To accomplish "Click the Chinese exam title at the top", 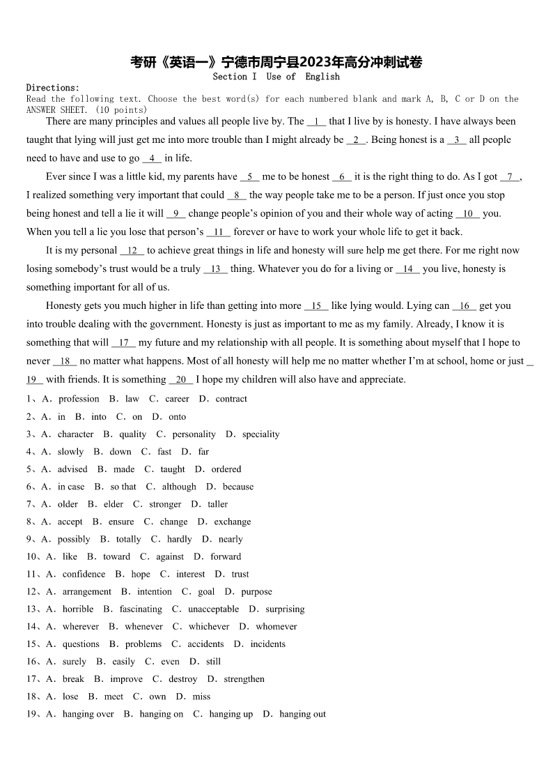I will coord(276,62).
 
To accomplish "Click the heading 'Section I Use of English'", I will coord(276,77).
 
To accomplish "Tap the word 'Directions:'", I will coord(53,88).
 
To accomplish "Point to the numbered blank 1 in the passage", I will coord(316,121).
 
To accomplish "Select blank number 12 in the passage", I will coord(132,250).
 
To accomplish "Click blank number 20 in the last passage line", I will coord(181,379).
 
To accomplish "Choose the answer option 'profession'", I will coord(79,399).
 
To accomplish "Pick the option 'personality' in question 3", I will coord(194,434).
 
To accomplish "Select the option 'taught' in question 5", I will coord(172,469).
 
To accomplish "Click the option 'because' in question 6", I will coord(238,487).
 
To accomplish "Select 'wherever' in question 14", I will coord(80,626).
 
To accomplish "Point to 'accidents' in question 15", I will coord(205,644).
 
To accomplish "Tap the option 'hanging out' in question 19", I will coord(302,714).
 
